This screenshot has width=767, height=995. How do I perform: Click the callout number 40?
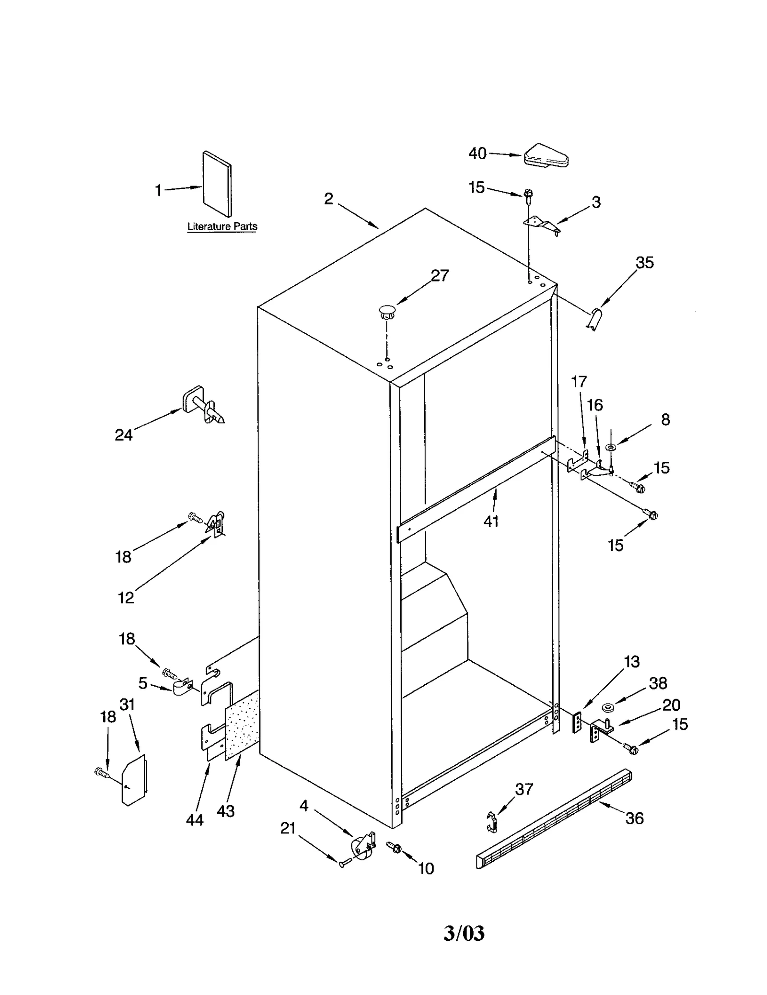coord(477,153)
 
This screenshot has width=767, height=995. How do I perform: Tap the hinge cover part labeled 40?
coord(546,156)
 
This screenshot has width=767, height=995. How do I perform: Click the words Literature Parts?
coord(222,226)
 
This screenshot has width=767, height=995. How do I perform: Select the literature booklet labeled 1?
coord(217,184)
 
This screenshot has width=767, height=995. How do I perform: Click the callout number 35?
coord(644,262)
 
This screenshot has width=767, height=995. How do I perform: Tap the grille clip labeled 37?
coord(491,822)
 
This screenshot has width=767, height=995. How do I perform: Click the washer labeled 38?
coord(608,707)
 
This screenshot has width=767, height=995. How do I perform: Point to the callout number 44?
coord(195,820)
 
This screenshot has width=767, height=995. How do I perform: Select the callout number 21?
coord(288,828)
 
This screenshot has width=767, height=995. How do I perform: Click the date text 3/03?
coord(464,933)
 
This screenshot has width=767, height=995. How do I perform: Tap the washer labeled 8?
coord(611,447)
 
